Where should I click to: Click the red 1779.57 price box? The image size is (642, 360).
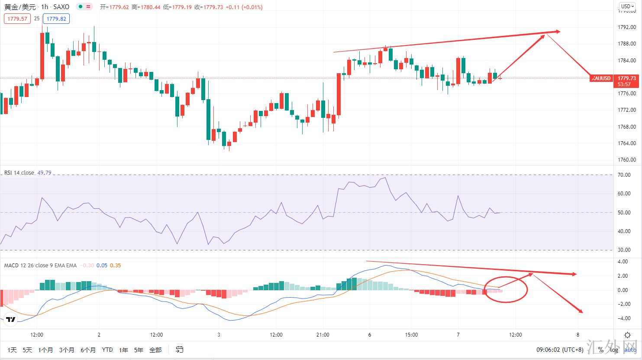point(18,19)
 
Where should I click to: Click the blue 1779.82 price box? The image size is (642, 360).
point(56,19)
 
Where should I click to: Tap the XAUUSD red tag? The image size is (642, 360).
point(601,78)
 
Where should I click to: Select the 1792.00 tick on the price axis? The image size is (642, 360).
point(627,27)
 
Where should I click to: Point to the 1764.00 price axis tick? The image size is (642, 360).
point(627,143)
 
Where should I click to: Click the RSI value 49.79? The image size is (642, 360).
point(44,173)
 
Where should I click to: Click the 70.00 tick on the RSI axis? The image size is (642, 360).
point(624,175)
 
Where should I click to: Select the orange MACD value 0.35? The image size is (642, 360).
point(116,266)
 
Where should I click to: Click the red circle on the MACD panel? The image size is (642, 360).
point(506,289)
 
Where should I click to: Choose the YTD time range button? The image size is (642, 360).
point(107,350)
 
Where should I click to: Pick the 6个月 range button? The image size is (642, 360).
point(88,350)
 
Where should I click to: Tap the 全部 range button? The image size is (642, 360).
point(155,350)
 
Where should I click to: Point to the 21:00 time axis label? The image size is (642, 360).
point(323,334)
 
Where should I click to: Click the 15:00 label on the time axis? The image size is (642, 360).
point(411,334)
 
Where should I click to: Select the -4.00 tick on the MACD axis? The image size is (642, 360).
point(624,318)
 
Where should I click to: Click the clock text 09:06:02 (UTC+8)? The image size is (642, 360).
point(560,350)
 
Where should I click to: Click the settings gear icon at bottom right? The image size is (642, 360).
point(627,335)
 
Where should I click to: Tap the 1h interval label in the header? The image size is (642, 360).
point(45,7)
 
